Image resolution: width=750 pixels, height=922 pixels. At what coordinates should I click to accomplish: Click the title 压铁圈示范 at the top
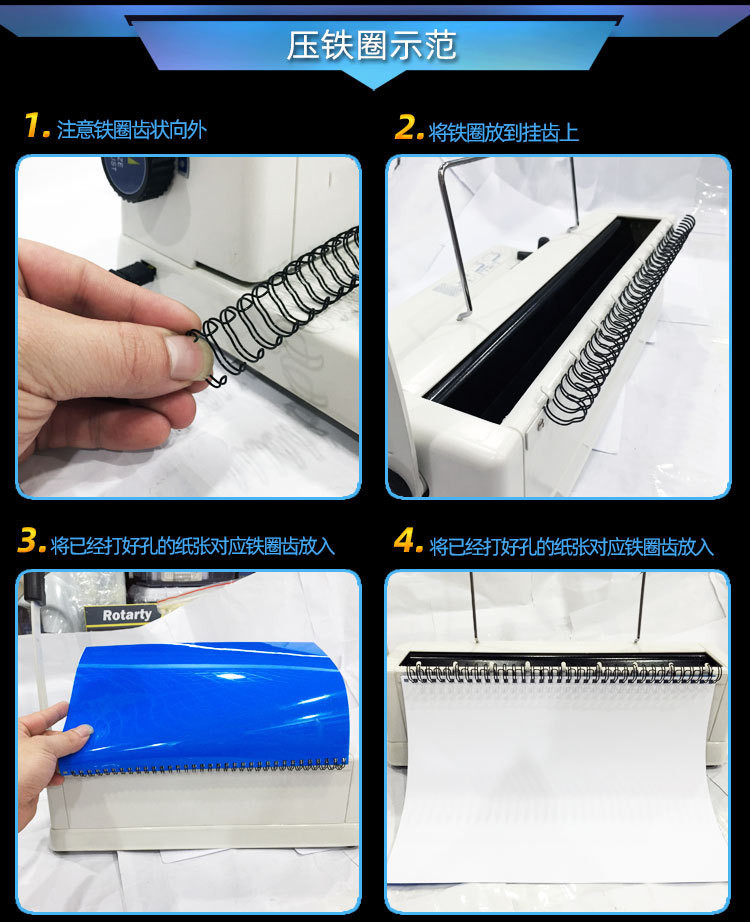pos(371,45)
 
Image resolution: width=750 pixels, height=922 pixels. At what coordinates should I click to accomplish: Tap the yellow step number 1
pos(36,125)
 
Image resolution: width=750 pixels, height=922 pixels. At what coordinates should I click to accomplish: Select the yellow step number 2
pos(409,126)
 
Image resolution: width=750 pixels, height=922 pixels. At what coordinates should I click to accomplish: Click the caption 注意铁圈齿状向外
pos(132,130)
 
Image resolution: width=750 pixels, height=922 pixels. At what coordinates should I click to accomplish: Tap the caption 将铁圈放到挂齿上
pos(504,132)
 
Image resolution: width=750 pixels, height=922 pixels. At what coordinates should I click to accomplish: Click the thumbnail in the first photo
pos(185,356)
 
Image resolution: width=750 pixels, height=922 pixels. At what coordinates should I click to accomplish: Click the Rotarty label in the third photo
pos(126,616)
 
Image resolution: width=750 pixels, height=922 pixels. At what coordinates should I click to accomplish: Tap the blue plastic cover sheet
pos(207,706)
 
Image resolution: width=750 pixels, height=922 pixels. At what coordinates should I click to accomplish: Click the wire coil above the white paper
pos(563,672)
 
